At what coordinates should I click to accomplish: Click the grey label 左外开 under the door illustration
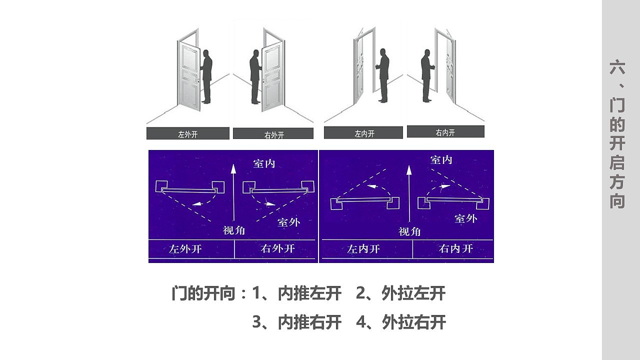pos(187,133)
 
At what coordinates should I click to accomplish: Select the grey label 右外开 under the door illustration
pos(273,134)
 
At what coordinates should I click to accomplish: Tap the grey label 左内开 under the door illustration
pos(363,133)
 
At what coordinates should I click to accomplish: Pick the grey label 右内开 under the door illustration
pos(445,132)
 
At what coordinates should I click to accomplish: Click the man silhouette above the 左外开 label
pos(205,75)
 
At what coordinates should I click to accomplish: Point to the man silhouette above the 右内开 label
pos(426,75)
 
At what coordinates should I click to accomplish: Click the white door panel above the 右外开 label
pos(272,75)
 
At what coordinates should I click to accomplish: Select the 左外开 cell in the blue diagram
pos(186,249)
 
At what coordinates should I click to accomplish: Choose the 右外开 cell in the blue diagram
pos(277,249)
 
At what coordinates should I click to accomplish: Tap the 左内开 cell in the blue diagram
pos(363,249)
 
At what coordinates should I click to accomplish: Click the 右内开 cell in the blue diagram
pos(455,249)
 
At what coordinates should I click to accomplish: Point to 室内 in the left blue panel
pos(264,163)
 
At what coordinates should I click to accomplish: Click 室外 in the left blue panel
pos(288,222)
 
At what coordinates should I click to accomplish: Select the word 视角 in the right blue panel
pos(409,231)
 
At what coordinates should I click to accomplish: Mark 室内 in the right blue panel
pos(441,159)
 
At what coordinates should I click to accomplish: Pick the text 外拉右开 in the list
pos(413,322)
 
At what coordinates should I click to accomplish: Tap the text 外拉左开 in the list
pos(413,293)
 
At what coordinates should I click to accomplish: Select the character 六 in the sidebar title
pos(617,68)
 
